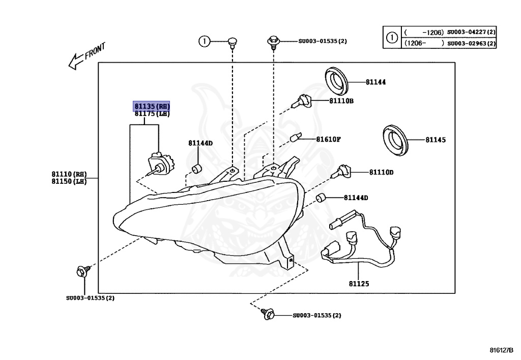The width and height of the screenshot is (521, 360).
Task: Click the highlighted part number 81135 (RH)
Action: [152, 106]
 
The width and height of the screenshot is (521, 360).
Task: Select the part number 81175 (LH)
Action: [152, 114]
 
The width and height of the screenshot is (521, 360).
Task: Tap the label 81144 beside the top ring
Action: [375, 81]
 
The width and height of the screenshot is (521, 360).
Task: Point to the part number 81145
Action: [436, 140]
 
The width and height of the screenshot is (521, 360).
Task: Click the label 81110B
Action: [341, 101]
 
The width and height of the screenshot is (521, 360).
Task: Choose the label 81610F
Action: [328, 139]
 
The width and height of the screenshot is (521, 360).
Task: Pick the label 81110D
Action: [381, 173]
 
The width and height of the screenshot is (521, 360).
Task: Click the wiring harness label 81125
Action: [359, 283]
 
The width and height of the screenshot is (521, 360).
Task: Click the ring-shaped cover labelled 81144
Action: [336, 81]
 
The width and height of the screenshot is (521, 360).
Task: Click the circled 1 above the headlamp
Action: [204, 41]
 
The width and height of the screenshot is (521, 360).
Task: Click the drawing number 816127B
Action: [502, 350]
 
